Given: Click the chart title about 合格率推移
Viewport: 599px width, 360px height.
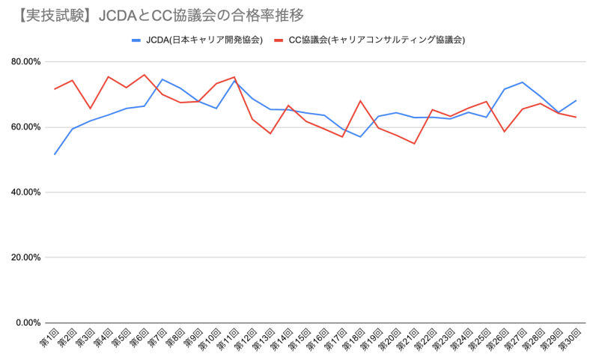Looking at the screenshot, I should pos(157,15).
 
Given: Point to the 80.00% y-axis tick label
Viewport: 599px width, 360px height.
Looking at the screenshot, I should pos(25,62).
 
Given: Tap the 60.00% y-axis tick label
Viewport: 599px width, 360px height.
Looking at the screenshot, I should pos(25,127).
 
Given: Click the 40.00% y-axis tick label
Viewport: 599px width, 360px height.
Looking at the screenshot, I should pos(25,192).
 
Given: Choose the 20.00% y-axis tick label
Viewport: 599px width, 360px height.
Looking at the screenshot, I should pos(25,257).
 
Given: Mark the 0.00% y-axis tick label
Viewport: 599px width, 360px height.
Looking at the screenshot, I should pos(28,323).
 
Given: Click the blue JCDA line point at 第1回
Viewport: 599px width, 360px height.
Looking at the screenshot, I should pos(54,154).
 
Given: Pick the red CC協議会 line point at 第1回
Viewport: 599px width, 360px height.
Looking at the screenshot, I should pos(54,89).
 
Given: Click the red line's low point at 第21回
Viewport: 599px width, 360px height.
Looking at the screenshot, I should pos(414,144).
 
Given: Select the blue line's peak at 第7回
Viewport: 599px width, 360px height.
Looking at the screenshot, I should pos(162,79).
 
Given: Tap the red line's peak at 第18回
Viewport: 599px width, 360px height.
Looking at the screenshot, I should pos(360,101).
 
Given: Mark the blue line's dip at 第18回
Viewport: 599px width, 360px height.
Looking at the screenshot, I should pos(360,137).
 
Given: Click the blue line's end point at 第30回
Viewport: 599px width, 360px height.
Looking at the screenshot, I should pos(576,100).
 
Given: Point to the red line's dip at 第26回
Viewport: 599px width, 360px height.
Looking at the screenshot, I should pos(504,132).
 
